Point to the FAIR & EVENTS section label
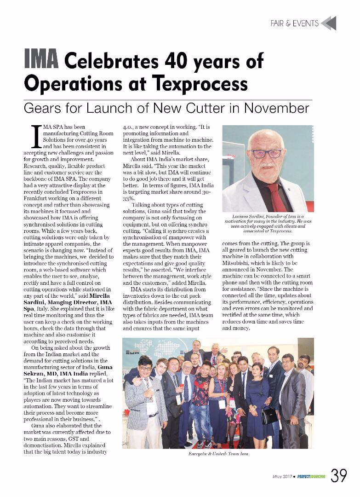click(294, 23)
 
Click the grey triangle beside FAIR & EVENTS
click(329, 23)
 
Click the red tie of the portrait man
click(276, 197)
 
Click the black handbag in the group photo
click(269, 416)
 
